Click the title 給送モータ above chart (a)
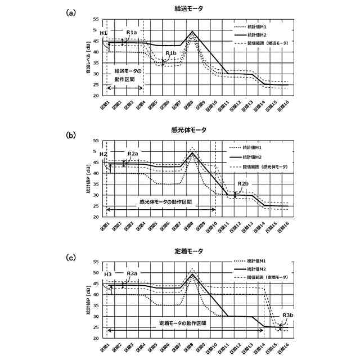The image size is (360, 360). click(x=188, y=9)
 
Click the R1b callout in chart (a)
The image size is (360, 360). click(x=170, y=53)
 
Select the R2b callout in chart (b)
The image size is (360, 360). click(x=243, y=184)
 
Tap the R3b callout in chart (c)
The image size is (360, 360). click(x=288, y=315)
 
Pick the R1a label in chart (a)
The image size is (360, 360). click(x=131, y=33)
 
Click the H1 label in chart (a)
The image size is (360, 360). click(x=103, y=34)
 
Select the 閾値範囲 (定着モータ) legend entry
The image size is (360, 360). click(x=266, y=278)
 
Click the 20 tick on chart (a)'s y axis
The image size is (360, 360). click(x=96, y=96)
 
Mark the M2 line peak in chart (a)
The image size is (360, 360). click(x=193, y=31)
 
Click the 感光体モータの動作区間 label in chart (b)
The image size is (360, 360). click(x=166, y=201)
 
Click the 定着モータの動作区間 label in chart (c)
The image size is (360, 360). click(x=182, y=323)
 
